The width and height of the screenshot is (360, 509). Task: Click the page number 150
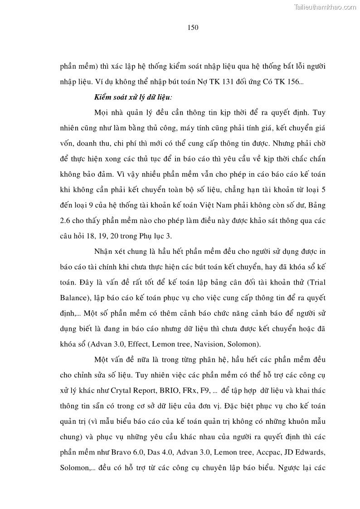(193, 28)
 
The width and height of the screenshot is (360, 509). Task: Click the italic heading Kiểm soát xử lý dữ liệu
(133, 97)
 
